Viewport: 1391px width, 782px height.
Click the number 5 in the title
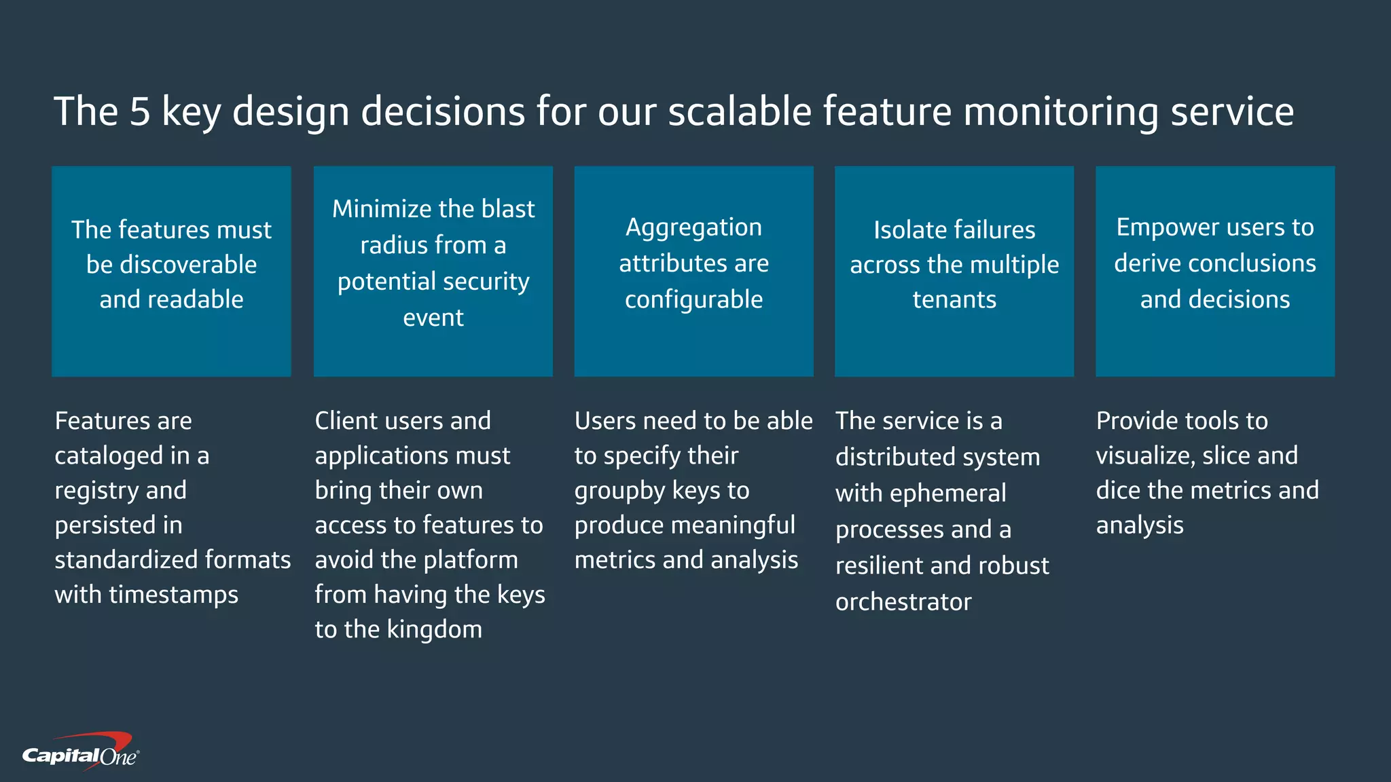click(139, 111)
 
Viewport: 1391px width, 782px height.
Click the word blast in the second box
click(507, 209)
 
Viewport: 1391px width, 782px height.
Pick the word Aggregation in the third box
click(693, 228)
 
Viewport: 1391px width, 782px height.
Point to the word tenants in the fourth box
click(954, 299)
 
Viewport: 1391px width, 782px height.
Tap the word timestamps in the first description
click(173, 595)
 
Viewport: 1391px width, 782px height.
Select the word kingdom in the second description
click(434, 630)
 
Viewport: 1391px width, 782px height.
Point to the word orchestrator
click(903, 602)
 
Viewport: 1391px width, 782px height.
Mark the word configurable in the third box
click(693, 300)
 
